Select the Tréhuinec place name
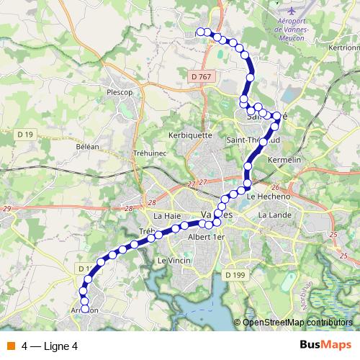click(150, 153)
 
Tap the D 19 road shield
click(24, 134)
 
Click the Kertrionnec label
click(343, 48)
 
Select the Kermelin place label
click(282, 158)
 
